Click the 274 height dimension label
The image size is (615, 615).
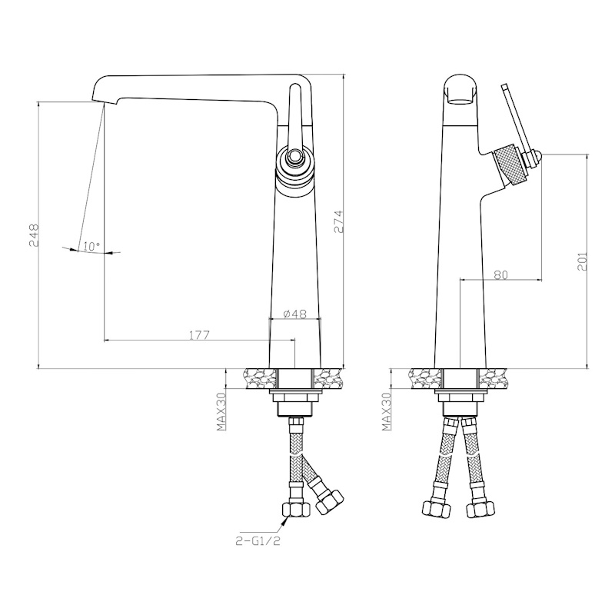338,222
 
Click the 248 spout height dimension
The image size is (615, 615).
34,235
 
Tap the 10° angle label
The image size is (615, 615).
91,247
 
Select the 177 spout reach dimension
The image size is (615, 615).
200,335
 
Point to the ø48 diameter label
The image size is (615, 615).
294,314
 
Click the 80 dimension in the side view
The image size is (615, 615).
500,275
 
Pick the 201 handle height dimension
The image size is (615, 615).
582,261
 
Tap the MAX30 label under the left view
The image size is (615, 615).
222,411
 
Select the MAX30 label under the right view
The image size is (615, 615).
387,411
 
